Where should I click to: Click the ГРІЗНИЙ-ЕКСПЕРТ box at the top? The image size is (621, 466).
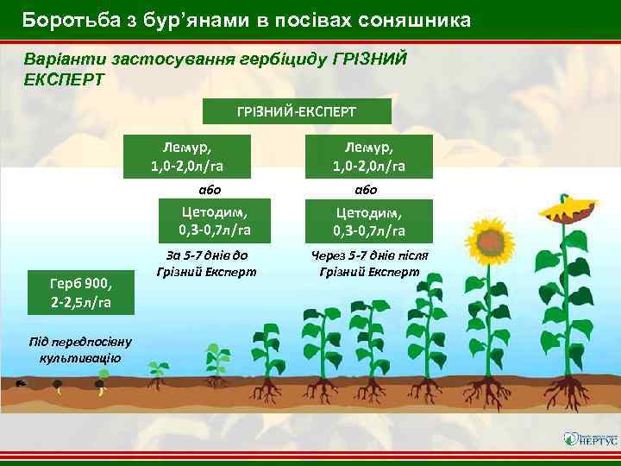[x=297, y=111]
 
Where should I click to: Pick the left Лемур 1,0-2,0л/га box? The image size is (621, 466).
[x=187, y=156]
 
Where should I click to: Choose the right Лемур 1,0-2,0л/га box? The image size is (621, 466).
[x=369, y=156]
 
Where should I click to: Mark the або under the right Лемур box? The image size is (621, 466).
[x=367, y=189]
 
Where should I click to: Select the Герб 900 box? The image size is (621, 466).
[x=80, y=291]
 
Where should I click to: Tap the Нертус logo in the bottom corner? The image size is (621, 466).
[x=590, y=438]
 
